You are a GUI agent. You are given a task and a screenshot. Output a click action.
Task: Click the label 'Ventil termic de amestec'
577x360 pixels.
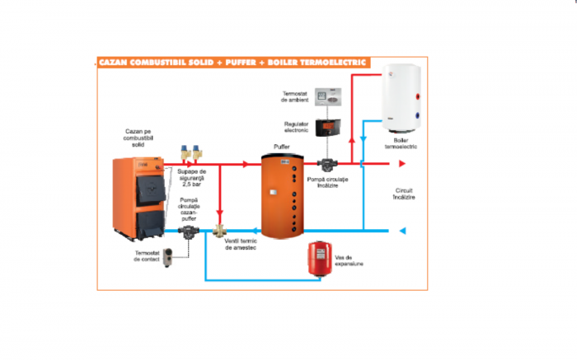coord(243,244)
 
